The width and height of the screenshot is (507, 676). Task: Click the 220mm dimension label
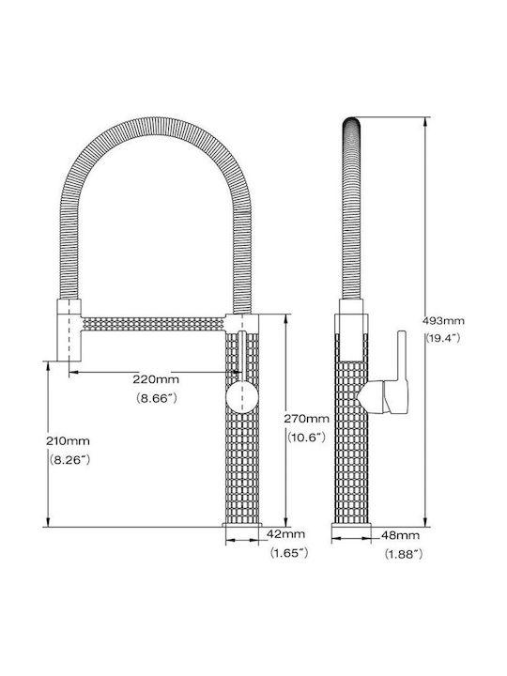pyautogui.click(x=156, y=379)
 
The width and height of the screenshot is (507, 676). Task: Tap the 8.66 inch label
pyautogui.click(x=157, y=398)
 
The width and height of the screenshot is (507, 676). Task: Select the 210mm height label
pyautogui.click(x=69, y=441)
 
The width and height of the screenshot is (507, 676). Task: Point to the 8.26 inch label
pyautogui.click(x=69, y=460)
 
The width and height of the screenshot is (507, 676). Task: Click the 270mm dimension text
pyautogui.click(x=306, y=419)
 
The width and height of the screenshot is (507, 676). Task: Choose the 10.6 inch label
pyautogui.click(x=306, y=438)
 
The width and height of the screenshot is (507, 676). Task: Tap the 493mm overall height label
pyautogui.click(x=443, y=321)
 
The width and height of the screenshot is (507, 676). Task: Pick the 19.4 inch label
pyautogui.click(x=443, y=338)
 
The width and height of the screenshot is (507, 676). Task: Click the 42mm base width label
pyautogui.click(x=285, y=534)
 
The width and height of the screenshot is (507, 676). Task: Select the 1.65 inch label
pyautogui.click(x=289, y=553)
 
